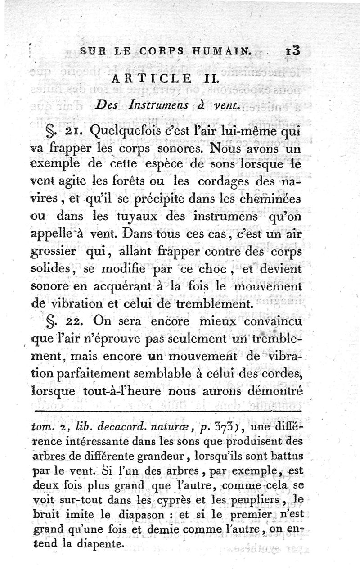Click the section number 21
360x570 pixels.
coord(73,131)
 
